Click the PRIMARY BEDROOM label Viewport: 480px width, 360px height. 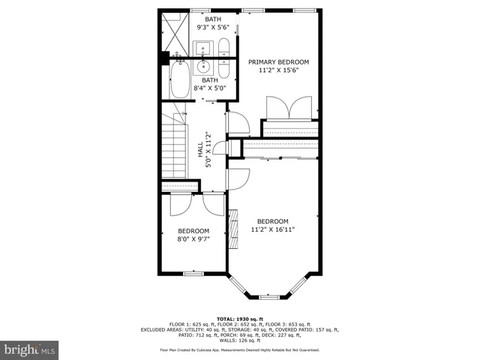278,62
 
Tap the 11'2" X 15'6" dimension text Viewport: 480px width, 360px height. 278,71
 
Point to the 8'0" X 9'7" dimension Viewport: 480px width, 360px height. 193,239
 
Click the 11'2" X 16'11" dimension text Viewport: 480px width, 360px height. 273,229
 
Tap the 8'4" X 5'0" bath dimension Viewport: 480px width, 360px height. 209,88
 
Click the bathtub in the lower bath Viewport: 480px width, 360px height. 181,80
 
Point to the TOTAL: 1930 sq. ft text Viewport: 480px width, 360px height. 240,317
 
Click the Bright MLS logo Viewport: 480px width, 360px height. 30,349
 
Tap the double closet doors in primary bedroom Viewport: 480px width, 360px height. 289,106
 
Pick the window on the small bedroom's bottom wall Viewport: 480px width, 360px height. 194,271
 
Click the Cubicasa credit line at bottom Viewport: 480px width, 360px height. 240,349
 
